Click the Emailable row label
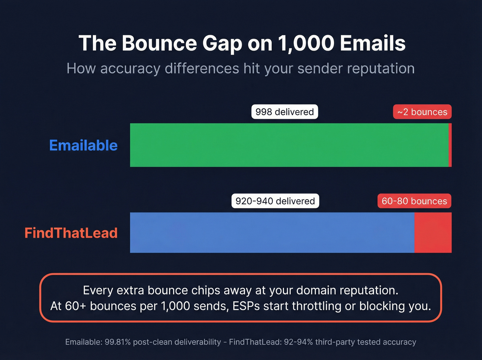point(83,145)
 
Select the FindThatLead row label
point(71,233)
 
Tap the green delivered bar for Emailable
point(289,145)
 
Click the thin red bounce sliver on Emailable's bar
point(450,145)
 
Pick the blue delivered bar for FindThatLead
point(272,233)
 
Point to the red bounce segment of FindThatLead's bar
point(433,233)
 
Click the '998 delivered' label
point(284,112)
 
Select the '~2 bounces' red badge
point(422,112)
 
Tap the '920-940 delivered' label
point(275,201)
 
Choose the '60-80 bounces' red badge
point(414,201)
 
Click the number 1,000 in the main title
point(306,43)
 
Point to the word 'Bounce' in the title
point(159,43)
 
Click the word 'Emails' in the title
point(373,43)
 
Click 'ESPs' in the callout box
point(246,306)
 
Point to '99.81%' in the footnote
point(118,342)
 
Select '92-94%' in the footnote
point(298,342)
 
